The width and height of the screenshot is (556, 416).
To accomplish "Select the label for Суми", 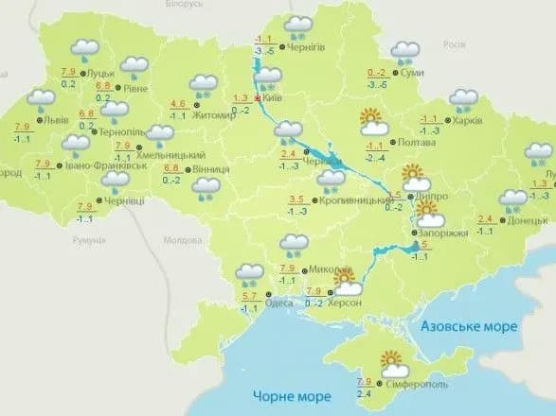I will click(412, 73).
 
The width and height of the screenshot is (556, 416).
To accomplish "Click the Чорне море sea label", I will click(288, 395).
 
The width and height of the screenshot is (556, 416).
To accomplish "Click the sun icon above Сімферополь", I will click(391, 360).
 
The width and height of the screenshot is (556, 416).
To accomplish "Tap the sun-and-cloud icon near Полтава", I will click(371, 121).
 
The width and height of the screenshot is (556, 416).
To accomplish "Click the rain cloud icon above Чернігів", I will click(299, 25).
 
